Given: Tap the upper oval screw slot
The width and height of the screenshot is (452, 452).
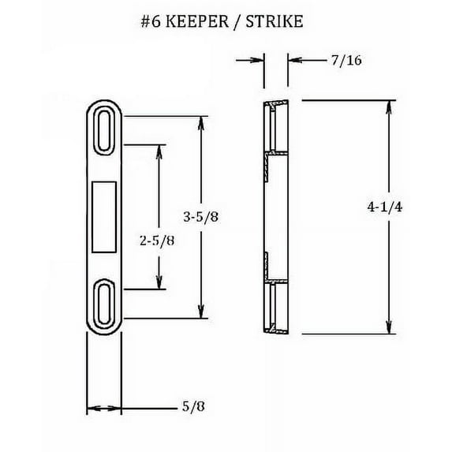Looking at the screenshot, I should (x=104, y=126).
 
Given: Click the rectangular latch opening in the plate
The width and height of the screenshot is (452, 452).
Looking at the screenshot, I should (x=104, y=216).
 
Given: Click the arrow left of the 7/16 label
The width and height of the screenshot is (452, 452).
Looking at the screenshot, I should (x=254, y=59).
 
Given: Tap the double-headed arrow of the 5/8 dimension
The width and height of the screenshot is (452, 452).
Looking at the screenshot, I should (x=103, y=409).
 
